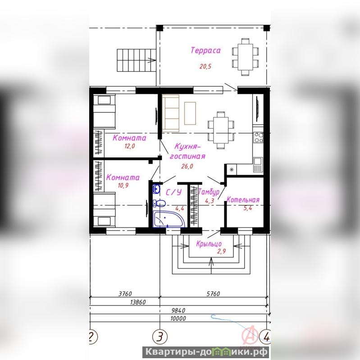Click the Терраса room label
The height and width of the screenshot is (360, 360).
click(205, 50)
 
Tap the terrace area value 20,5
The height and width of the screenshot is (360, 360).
click(205, 67)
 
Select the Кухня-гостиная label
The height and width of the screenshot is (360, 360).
click(187, 151)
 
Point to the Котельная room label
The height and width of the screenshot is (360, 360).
click(243, 200)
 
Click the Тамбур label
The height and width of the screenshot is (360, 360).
click(209, 191)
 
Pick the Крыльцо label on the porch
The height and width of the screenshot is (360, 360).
click(209, 244)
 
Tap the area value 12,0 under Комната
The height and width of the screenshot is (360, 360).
click(130, 146)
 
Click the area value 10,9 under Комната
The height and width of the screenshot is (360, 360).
click(123, 186)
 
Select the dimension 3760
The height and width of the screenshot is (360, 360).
click(125, 294)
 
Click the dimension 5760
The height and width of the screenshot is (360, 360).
click(213, 294)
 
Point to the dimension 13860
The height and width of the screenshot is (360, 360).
click(138, 302)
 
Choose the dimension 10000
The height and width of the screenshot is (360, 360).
click(178, 319)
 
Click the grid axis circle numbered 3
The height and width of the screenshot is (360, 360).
click(160, 337)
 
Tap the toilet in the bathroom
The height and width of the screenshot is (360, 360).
click(159, 203)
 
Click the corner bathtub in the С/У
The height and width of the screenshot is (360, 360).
click(169, 219)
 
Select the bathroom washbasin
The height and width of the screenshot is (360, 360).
click(156, 189)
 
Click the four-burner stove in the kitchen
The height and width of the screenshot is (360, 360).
click(258, 137)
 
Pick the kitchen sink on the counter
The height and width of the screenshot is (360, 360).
click(258, 164)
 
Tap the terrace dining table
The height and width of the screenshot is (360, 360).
click(245, 57)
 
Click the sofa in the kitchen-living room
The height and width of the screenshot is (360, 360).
click(171, 114)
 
